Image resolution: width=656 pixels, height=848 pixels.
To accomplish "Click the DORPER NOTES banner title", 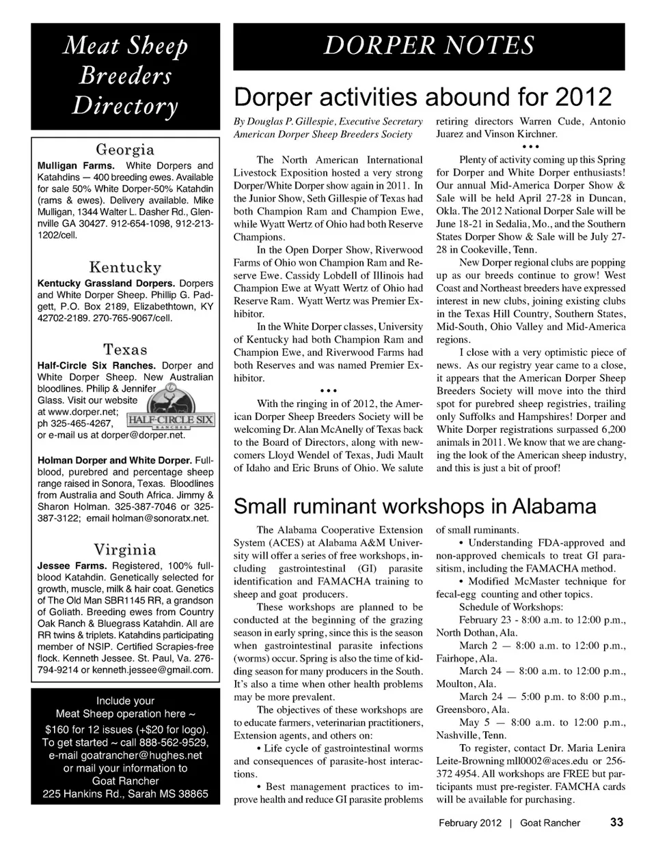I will click(428, 46).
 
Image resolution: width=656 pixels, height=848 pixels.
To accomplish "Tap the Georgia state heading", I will click(125, 150).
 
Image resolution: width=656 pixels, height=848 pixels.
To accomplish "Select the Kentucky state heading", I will click(125, 267).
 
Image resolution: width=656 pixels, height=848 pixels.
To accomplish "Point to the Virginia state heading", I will click(125, 550).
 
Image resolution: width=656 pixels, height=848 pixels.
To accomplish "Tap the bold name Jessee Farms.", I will click(72, 566).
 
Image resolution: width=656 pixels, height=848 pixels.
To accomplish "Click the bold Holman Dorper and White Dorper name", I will click(115, 460).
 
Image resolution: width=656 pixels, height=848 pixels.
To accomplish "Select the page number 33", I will click(616, 822).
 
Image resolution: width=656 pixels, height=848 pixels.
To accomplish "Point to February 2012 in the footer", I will click(470, 823).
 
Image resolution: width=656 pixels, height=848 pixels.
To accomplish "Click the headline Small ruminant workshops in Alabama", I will click(415, 507).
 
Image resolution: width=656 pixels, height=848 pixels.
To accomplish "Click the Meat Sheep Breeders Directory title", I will click(125, 75).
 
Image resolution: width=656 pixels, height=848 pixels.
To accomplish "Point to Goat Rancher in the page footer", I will click(550, 823).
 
